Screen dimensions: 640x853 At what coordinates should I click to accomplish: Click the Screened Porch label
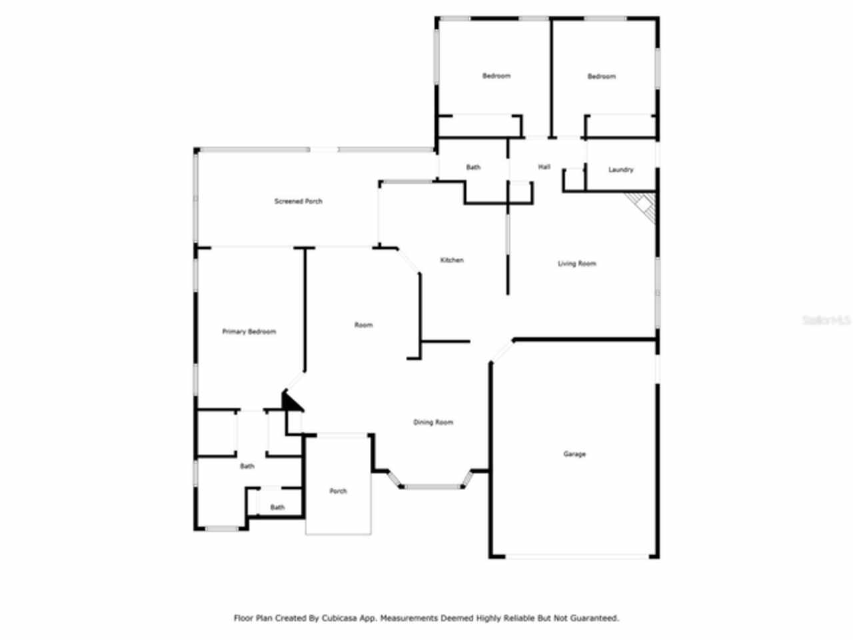298,201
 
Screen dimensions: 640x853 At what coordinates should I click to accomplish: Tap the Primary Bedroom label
249,332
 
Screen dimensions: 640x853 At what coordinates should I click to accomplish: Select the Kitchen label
452,260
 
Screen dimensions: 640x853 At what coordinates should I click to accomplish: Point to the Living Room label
576,264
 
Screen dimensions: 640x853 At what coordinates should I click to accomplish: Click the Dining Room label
433,423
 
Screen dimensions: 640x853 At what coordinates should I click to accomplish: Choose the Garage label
574,455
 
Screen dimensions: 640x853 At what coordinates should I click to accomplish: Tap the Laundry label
620,170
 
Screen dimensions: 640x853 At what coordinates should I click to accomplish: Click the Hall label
544,167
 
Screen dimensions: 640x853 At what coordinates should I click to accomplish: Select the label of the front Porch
338,491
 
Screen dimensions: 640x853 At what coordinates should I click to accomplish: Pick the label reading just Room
363,325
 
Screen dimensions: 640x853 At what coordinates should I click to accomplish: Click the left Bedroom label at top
496,76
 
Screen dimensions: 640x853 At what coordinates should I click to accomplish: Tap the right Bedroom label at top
601,77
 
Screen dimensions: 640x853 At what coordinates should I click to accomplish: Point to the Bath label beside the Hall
473,167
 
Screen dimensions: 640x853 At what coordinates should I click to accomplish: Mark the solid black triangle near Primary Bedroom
291,402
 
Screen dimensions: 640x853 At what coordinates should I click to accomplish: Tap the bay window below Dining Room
433,487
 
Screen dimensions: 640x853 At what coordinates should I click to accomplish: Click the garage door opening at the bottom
574,556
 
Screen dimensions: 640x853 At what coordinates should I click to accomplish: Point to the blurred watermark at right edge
826,321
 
